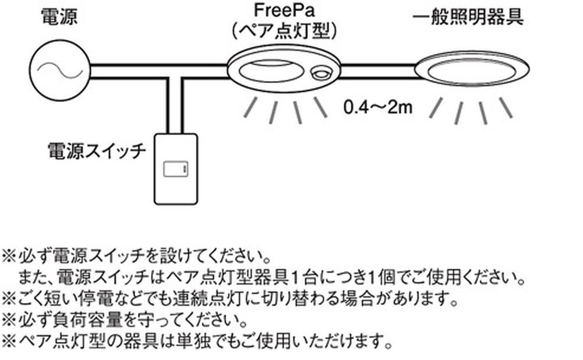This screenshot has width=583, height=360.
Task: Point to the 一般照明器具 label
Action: coord(468,17)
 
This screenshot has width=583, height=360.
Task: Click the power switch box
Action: coord(175,169)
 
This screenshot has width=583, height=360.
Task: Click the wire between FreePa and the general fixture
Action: coord(377,70)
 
